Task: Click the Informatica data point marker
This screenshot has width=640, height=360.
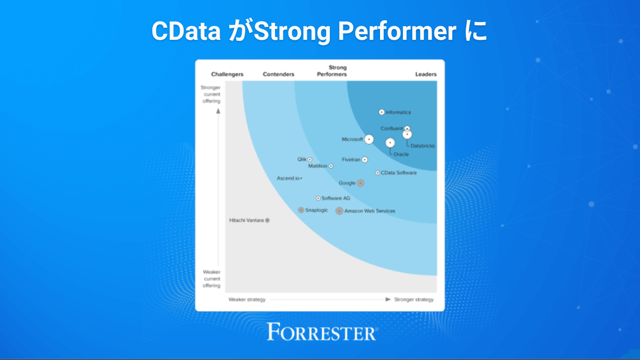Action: [x=381, y=112]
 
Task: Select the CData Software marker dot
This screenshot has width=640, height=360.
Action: [x=378, y=173]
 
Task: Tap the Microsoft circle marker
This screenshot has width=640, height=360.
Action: [x=369, y=139]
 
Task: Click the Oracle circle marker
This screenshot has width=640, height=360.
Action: [x=390, y=142]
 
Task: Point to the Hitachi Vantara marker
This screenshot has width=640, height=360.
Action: [x=268, y=220]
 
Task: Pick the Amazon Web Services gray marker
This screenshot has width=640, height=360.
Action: [x=339, y=211]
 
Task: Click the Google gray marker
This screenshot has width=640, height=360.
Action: [x=360, y=183]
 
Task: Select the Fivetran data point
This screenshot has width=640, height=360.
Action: [x=365, y=160]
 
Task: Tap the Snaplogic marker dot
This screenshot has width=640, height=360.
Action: [x=301, y=210]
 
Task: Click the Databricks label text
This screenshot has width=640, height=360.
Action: [x=423, y=146]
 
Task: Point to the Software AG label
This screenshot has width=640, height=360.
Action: [x=335, y=198]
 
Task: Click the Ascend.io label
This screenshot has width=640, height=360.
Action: [x=288, y=178]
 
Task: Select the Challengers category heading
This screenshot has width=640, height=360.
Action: [x=227, y=74]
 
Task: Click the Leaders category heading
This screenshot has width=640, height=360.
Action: [x=426, y=74]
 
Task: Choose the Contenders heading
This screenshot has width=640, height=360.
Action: [x=279, y=74]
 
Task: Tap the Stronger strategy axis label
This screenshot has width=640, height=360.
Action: [x=414, y=300]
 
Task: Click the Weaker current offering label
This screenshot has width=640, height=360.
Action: [x=212, y=279]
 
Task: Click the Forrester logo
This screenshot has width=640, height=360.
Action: [x=321, y=332]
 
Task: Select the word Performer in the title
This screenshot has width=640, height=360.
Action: [x=397, y=32]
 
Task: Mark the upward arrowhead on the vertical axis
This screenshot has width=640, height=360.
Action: [x=218, y=111]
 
